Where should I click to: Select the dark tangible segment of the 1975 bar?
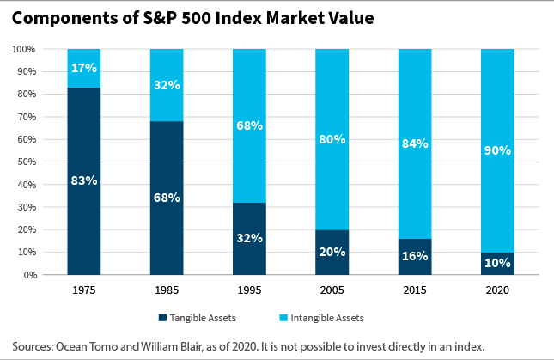(x=83, y=215)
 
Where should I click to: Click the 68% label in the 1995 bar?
(x=249, y=126)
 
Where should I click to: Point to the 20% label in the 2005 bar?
(x=332, y=252)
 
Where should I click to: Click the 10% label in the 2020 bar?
(x=497, y=263)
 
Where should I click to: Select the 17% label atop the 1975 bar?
(x=83, y=68)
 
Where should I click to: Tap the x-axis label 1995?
(x=249, y=290)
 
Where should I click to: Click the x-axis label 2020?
(x=497, y=290)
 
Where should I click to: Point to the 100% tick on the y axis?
(x=23, y=49)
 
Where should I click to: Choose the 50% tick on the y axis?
(x=26, y=162)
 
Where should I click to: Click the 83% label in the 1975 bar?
(x=83, y=181)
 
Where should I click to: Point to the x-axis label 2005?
(x=332, y=290)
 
